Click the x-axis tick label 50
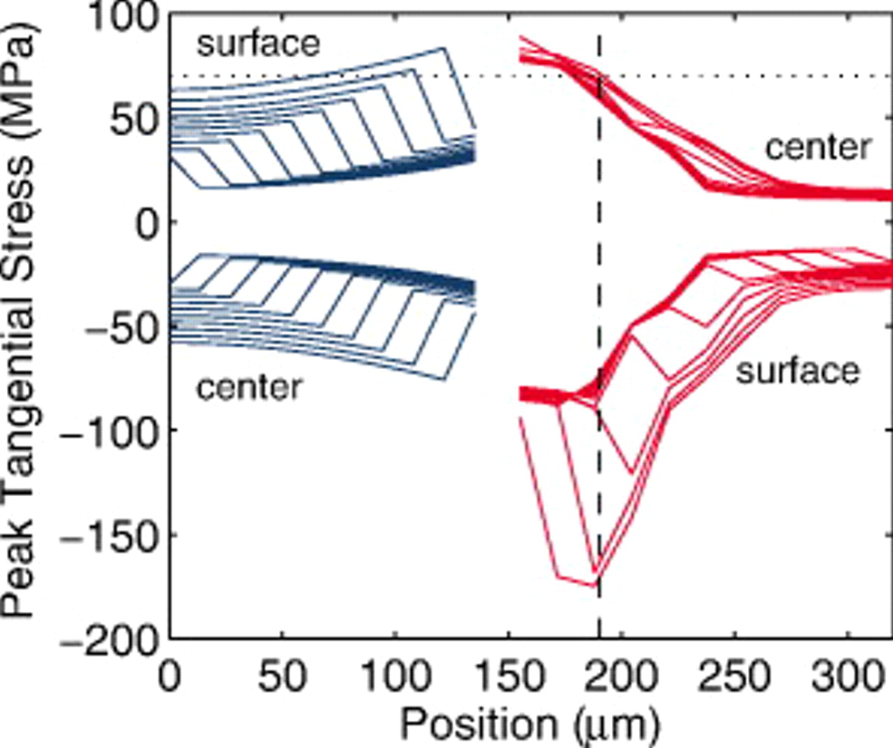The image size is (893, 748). coord(283,676)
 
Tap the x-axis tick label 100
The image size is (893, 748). coord(396,676)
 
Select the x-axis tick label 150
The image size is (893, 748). coord(509,676)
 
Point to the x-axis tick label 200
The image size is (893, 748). coord(621,676)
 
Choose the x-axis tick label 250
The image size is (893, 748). coord(734,676)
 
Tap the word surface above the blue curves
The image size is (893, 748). coord(258,43)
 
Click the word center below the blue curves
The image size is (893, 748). coord(249,387)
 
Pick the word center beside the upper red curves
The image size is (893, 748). coord(818,147)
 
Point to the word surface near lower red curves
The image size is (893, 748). coord(798,371)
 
